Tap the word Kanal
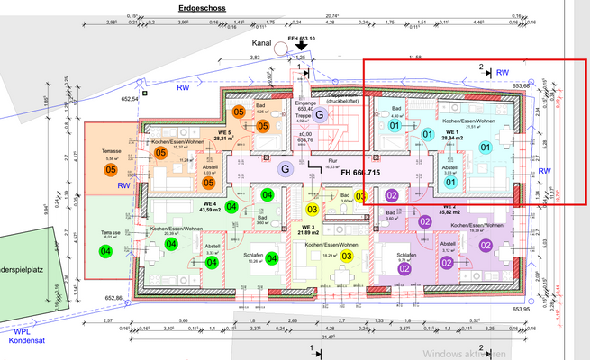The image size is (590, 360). pos(263,42)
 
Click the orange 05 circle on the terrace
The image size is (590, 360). pos(112,169)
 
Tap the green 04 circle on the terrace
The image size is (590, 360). pos(106,251)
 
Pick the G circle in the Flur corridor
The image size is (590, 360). pos(286,168)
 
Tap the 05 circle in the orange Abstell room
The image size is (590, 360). pos(208,183)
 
